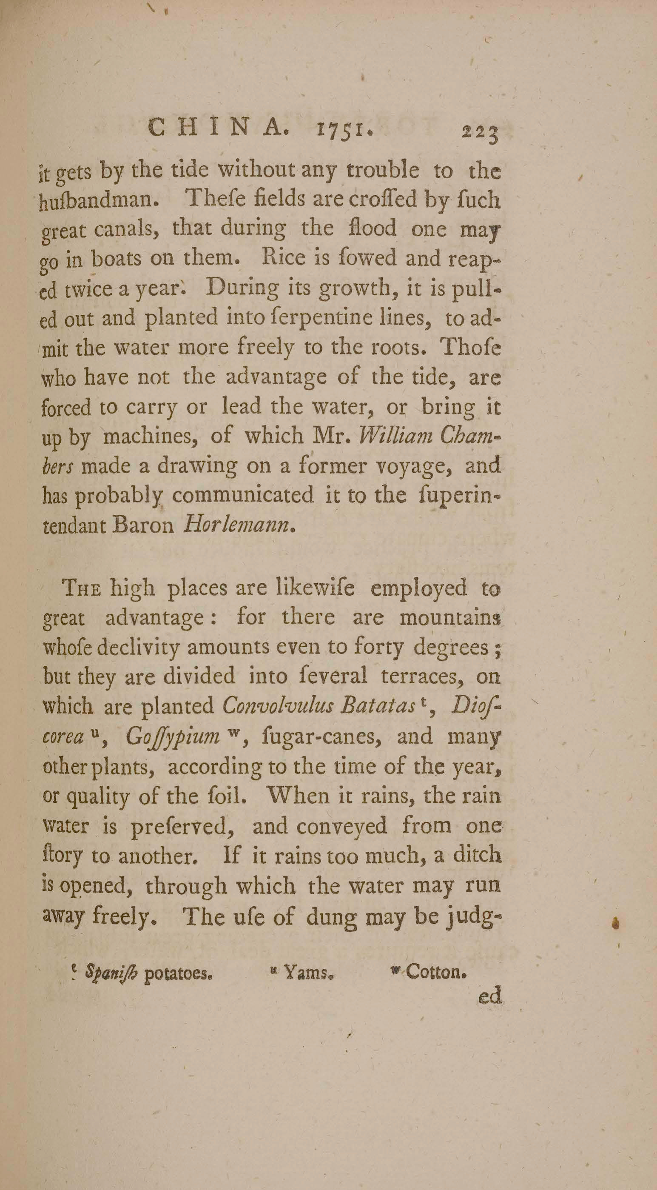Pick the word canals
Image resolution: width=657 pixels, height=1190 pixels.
tap(129, 228)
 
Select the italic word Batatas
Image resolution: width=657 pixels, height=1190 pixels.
tap(376, 705)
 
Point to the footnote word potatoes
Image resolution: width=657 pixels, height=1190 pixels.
tap(178, 974)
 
